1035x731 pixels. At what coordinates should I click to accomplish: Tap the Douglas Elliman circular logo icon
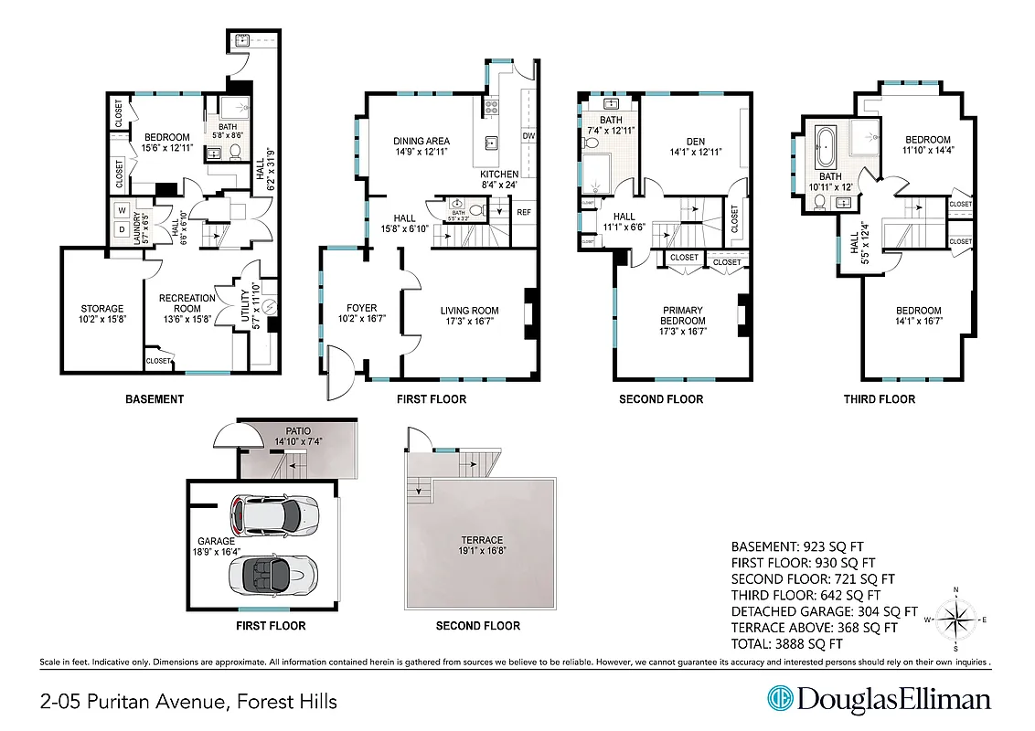point(780,700)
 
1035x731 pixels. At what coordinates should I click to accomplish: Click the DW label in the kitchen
point(528,136)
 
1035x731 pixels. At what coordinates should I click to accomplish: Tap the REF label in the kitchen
point(524,212)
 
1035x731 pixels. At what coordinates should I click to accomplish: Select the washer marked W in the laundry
point(123,209)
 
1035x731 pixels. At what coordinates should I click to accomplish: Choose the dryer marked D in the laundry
point(123,230)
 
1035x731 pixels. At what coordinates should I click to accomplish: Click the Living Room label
point(469,311)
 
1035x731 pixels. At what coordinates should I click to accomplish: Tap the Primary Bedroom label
point(683,315)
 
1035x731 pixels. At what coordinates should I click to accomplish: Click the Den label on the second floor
point(696,141)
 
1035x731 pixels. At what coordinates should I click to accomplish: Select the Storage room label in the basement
point(101,309)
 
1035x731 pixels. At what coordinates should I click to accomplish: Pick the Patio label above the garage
point(298,429)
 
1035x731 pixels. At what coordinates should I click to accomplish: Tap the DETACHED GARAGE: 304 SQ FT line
point(824,611)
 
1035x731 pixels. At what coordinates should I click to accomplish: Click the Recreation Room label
point(187,303)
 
